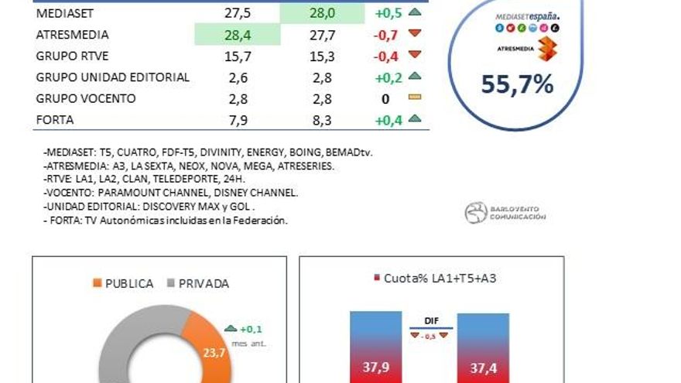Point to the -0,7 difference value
[x=385, y=36]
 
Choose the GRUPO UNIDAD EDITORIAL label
[x=112, y=77]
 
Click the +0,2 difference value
[x=388, y=77]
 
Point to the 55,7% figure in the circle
[x=517, y=84]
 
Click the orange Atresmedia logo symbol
[x=546, y=48]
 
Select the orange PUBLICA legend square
[x=98, y=283]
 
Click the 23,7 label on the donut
[x=214, y=352]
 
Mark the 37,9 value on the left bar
[x=376, y=368]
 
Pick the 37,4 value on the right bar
[x=483, y=368]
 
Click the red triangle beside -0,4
[x=414, y=55]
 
